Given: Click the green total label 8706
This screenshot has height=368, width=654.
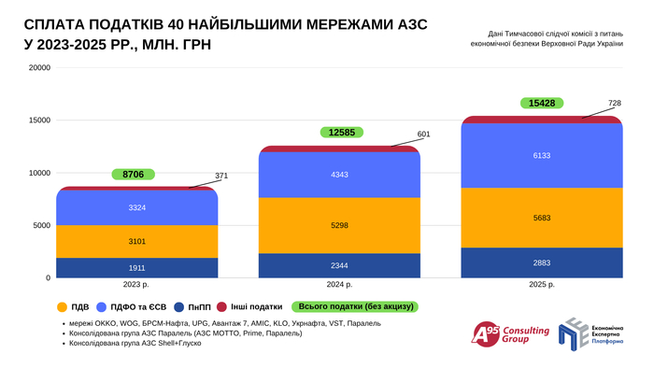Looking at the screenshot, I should tap(133, 175).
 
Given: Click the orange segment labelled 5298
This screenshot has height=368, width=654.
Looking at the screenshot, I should tap(339, 225).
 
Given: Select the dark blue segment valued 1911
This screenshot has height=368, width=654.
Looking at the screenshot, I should tap(136, 267).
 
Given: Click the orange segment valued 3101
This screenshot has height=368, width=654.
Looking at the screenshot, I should tap(136, 241).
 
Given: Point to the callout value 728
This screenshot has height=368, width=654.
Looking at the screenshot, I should tap(615, 103).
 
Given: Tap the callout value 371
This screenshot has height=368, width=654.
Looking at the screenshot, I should tap(220, 176).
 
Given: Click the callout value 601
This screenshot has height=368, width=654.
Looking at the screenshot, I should tap(423, 134).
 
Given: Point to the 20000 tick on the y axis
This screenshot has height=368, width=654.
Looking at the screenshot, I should tap(39, 67).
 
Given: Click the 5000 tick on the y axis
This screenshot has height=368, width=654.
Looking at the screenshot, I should tap(42, 225).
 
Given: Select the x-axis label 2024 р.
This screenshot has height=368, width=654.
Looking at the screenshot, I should tap(339, 285).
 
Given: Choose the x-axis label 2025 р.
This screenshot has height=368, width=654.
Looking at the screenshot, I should tap(542, 285).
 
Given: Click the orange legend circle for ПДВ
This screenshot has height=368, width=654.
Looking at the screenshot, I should tap(62, 305).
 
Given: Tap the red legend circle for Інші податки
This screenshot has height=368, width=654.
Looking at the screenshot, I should tap(222, 305).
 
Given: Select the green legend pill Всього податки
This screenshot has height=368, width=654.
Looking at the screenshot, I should tap(354, 305).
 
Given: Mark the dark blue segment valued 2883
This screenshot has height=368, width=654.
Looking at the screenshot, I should tap(542, 262).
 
